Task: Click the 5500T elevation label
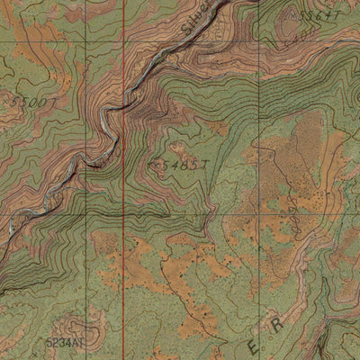[31, 103]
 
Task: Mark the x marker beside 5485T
[154, 165]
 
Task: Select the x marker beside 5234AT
[87, 343]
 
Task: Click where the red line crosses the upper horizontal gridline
[123, 40]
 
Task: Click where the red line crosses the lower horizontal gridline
[123, 216]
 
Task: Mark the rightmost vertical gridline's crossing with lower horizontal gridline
[258, 216]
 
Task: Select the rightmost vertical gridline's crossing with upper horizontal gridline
[258, 40]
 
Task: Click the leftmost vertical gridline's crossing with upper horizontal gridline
[86, 40]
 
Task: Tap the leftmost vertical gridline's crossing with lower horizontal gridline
[86, 216]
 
